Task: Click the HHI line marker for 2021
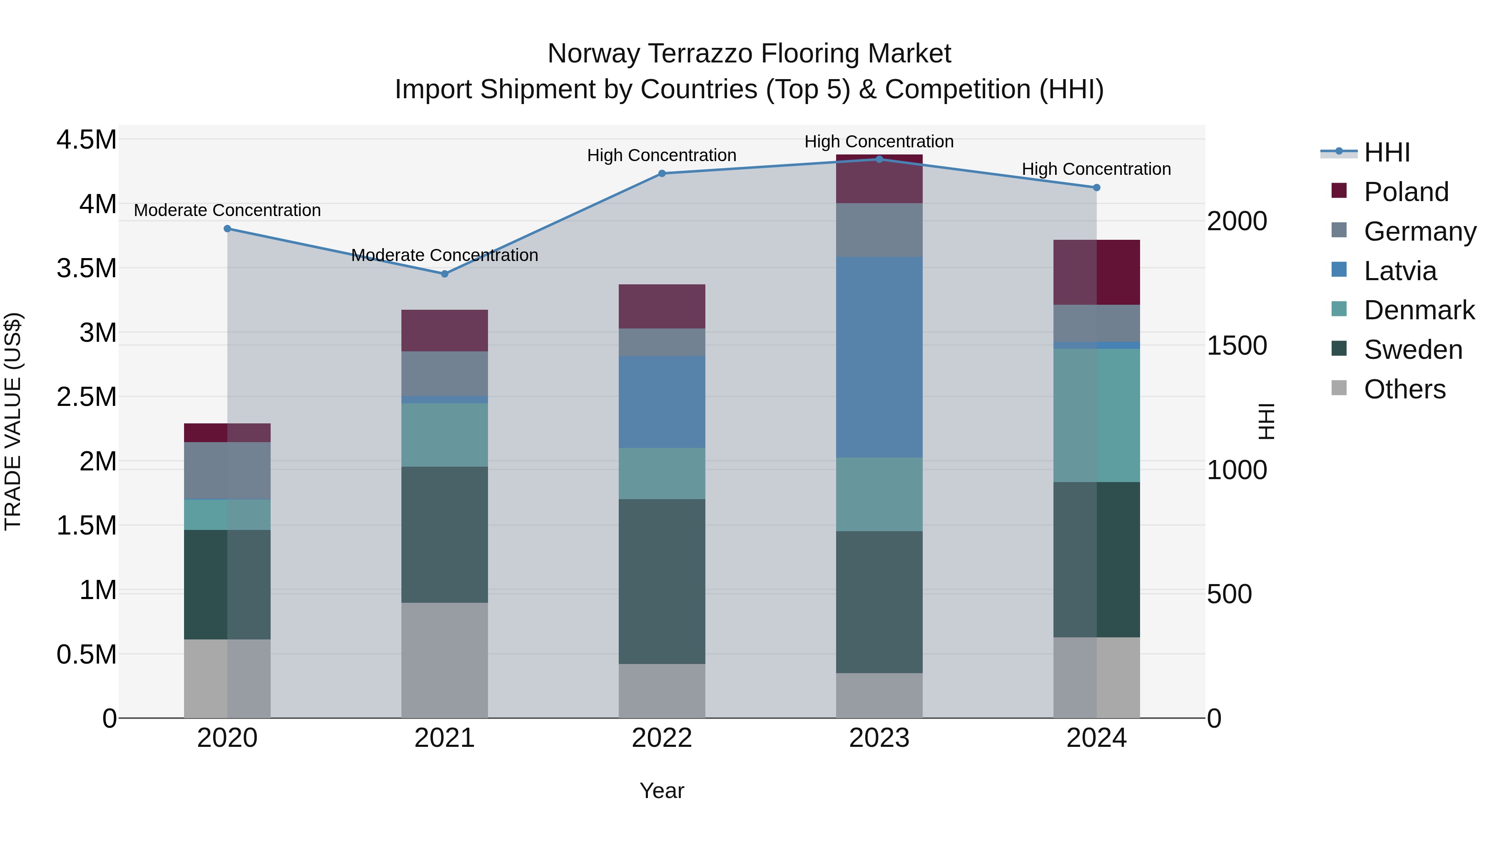(445, 274)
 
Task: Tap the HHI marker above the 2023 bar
(879, 159)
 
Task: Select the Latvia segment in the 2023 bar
(879, 357)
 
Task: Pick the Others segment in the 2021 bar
(445, 660)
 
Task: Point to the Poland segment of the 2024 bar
(1096, 272)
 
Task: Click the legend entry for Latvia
(1399, 271)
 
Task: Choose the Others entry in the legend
(1404, 389)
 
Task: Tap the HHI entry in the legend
(1386, 152)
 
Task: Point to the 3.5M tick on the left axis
(86, 268)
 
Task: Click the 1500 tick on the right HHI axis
(1237, 346)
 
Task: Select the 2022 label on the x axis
(662, 738)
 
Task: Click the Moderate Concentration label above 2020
(227, 210)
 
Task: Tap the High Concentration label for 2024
(1096, 169)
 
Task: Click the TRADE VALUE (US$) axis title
(13, 421)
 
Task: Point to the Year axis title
(662, 791)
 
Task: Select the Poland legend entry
(1405, 192)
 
